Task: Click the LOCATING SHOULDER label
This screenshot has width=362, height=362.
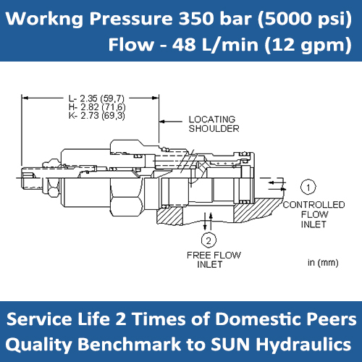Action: (x=214, y=124)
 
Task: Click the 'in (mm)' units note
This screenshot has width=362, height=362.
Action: (x=320, y=262)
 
